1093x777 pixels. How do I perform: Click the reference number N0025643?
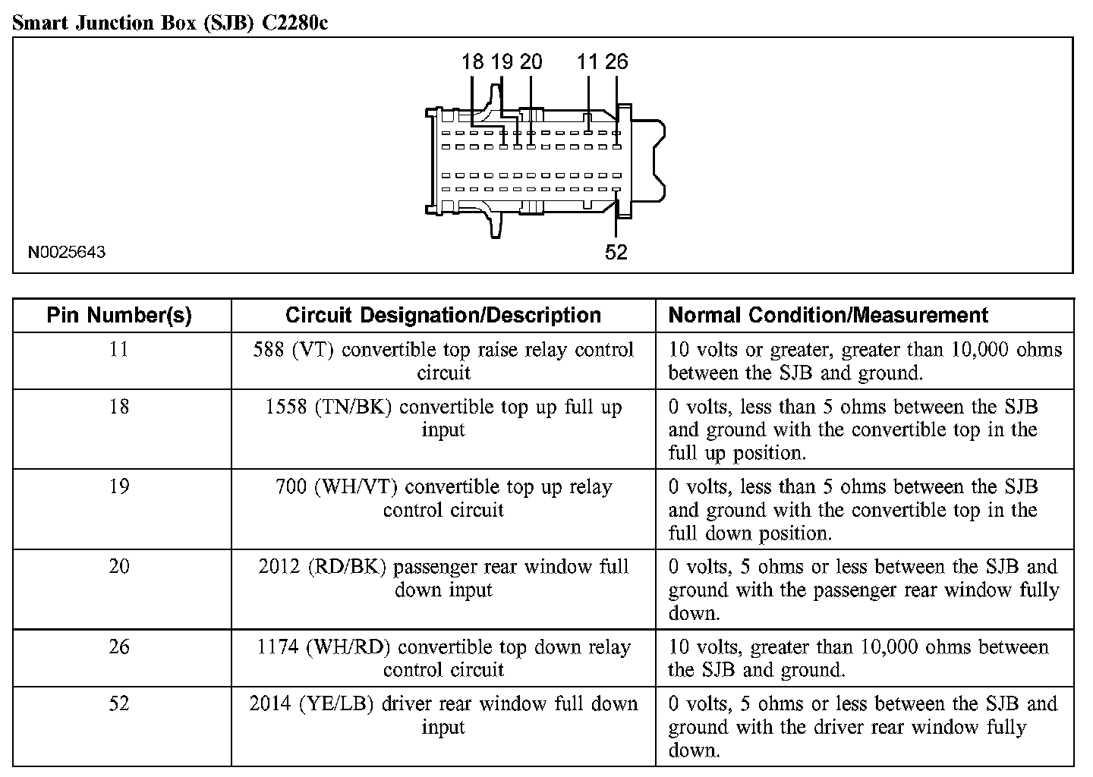point(67,252)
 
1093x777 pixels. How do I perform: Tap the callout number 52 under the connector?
point(616,252)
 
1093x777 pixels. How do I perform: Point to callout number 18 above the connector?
point(472,61)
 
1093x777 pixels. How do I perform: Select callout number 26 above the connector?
point(616,61)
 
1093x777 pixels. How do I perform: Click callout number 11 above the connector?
point(588,61)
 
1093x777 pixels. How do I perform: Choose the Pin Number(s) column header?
point(119,315)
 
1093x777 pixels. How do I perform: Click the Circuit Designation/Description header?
point(443,315)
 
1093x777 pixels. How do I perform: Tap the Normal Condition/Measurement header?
point(828,315)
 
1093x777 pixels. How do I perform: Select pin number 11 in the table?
point(119,350)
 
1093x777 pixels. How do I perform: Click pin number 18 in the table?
point(119,407)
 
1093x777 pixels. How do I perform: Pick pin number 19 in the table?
point(119,486)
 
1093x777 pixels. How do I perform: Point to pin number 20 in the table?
point(119,566)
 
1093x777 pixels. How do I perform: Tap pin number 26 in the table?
point(119,646)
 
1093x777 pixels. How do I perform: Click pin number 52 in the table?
point(119,703)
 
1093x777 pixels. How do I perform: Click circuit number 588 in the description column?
point(269,350)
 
